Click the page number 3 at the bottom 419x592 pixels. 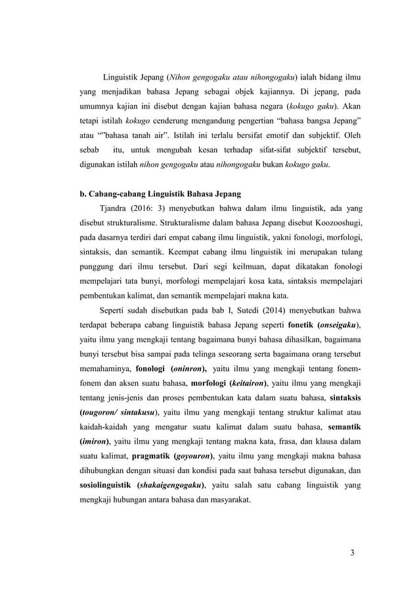352,551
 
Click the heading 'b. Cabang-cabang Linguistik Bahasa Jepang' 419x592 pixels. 157,194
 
